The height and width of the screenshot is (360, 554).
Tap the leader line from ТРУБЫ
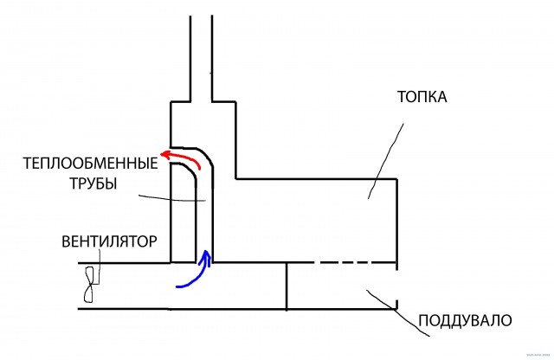[x=173, y=197]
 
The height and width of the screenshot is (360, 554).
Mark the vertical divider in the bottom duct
[x=287, y=285]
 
